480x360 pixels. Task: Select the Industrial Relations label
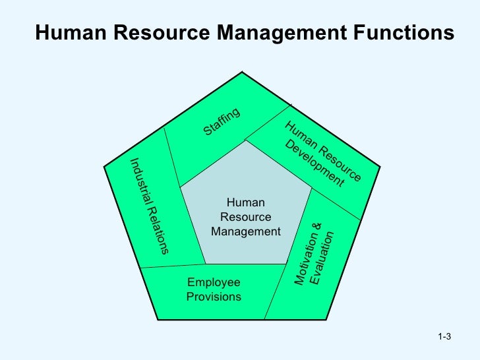tap(149, 205)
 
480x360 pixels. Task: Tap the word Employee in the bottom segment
tap(214, 283)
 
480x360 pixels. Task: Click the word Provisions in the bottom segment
tap(214, 297)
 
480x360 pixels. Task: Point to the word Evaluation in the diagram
tap(323, 258)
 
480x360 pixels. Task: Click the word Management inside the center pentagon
tap(246, 231)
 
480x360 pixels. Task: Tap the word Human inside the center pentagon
tap(245, 203)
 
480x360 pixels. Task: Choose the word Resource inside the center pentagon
tap(245, 217)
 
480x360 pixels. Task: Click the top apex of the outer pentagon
tap(242, 71)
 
